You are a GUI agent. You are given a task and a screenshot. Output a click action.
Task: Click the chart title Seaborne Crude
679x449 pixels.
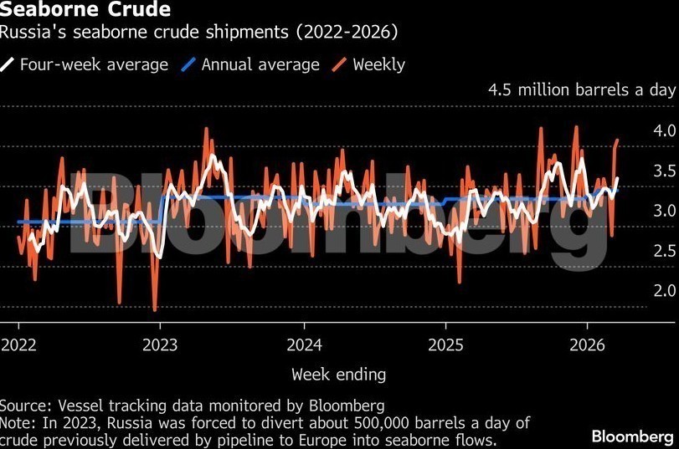(x=86, y=11)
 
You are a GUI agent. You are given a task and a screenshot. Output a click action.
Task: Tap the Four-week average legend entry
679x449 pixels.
(x=93, y=64)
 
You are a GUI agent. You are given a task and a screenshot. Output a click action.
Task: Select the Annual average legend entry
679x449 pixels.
(x=260, y=64)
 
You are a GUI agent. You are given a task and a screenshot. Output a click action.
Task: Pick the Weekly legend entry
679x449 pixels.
(x=378, y=64)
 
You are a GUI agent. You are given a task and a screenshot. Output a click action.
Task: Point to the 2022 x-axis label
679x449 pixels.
(x=18, y=344)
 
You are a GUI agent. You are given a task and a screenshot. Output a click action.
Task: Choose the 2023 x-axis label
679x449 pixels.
(x=161, y=344)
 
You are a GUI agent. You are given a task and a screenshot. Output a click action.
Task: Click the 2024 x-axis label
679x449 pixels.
(x=304, y=344)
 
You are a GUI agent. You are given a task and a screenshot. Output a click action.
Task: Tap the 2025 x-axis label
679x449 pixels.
(x=446, y=344)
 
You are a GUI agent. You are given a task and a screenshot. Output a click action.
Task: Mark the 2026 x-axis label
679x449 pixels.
(x=588, y=344)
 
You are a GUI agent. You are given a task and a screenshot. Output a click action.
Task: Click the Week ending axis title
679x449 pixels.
(x=338, y=373)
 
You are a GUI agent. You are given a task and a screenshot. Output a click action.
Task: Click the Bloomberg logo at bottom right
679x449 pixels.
(x=633, y=436)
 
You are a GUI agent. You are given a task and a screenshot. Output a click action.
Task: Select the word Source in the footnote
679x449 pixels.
(x=24, y=406)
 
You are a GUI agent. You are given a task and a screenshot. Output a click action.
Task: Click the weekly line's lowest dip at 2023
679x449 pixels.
(x=155, y=310)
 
